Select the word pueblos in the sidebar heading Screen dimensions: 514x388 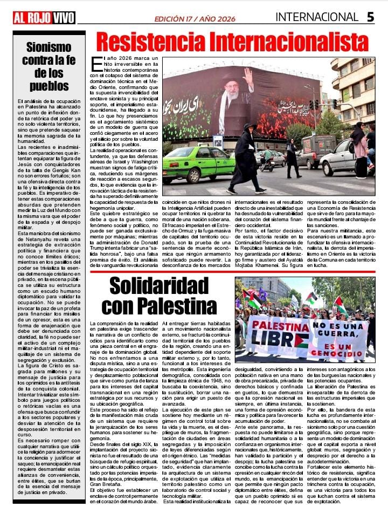49,86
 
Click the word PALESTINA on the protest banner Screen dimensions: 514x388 277,326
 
